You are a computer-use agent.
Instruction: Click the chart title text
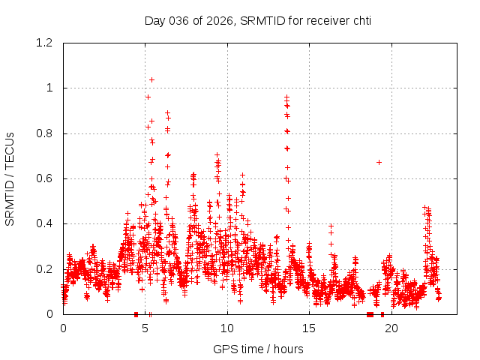click(257, 20)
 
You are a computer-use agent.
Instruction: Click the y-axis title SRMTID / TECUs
click(10, 178)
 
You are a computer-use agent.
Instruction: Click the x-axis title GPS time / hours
click(257, 349)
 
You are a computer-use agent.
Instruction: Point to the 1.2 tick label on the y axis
click(46, 43)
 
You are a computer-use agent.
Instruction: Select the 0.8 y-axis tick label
click(46, 133)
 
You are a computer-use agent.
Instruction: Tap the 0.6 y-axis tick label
click(46, 178)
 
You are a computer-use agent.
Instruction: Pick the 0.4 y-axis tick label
click(46, 223)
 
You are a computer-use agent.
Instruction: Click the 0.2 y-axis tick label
click(46, 268)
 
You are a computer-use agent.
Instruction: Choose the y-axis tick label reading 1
click(50, 88)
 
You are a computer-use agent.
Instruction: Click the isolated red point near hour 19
click(379, 162)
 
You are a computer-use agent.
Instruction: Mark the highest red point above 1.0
click(151, 79)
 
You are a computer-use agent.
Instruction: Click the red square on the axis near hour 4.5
click(136, 314)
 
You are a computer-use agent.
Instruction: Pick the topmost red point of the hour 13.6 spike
click(286, 97)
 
